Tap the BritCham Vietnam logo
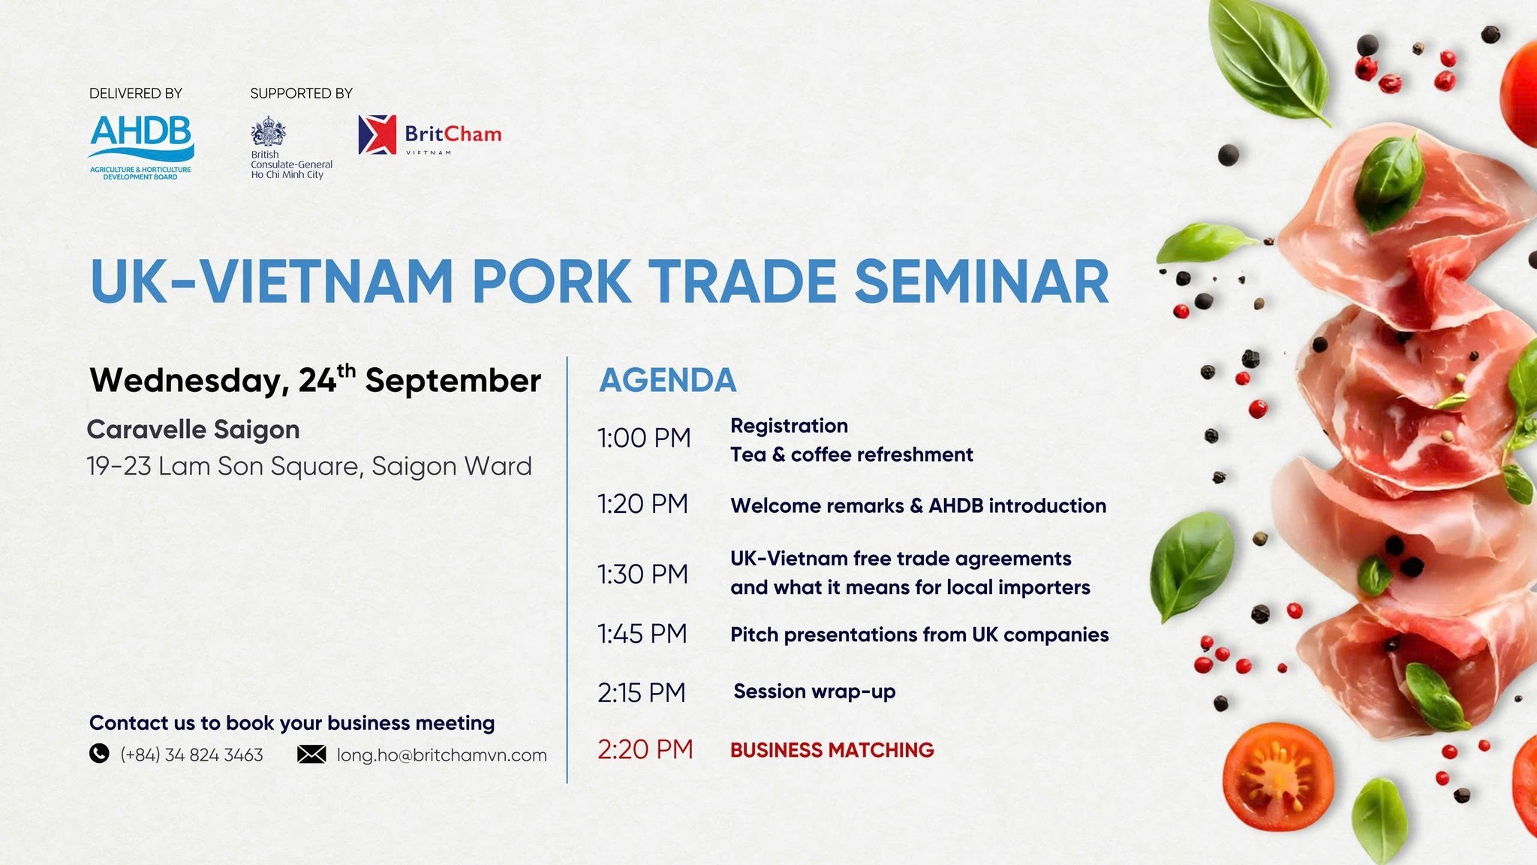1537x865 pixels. click(429, 135)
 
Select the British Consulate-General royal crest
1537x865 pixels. click(268, 132)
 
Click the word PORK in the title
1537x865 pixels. click(551, 282)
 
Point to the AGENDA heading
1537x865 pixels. click(667, 380)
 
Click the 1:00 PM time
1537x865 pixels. click(643, 438)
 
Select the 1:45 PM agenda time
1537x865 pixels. click(642, 634)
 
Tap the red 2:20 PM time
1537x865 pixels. click(645, 749)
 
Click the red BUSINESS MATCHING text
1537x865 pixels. click(832, 750)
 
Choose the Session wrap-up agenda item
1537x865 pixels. click(814, 692)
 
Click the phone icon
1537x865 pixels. click(99, 753)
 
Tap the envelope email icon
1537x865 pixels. click(311, 754)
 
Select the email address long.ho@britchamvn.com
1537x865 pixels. click(441, 755)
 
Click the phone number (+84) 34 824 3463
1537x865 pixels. click(191, 755)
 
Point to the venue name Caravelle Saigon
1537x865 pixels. click(193, 429)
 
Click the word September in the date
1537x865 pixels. click(453, 381)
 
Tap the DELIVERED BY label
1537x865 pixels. click(136, 94)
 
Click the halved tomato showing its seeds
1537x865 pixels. click(1277, 776)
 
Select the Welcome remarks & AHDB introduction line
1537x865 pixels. click(918, 506)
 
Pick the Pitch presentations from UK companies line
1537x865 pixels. click(919, 635)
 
